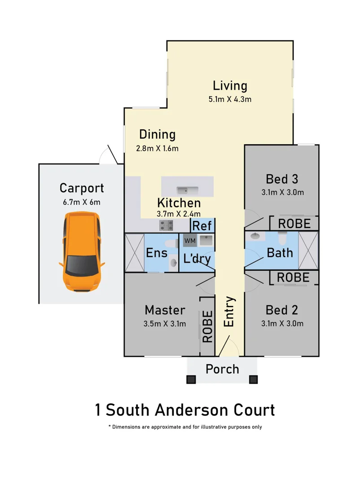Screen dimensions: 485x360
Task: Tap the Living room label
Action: pyautogui.click(x=230, y=85)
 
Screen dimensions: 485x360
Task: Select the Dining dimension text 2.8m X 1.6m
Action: pyautogui.click(x=157, y=149)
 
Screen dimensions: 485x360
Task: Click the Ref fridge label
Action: pyautogui.click(x=202, y=226)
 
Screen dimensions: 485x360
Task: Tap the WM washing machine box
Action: pyautogui.click(x=189, y=241)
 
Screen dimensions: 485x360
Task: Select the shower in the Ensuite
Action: pyautogui.click(x=134, y=252)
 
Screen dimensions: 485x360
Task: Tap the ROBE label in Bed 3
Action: pyautogui.click(x=294, y=223)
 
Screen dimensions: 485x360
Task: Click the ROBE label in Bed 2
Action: pyautogui.click(x=293, y=278)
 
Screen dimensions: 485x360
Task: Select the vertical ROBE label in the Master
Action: pyautogui.click(x=207, y=327)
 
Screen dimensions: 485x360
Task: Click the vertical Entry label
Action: pyautogui.click(x=229, y=312)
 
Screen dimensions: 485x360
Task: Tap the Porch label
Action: pyautogui.click(x=222, y=370)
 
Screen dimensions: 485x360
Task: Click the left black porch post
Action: pyautogui.click(x=192, y=379)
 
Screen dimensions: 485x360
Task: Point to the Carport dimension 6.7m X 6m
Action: pyautogui.click(x=82, y=202)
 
